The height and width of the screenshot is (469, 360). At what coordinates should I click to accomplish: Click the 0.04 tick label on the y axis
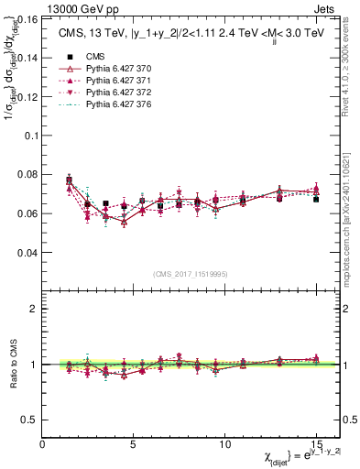pos(27,252)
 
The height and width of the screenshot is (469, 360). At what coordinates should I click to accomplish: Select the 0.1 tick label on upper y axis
pos(31,135)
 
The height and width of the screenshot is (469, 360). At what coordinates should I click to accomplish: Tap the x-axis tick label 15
pos(316,443)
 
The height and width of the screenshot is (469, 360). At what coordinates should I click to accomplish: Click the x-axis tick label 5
pos(134,443)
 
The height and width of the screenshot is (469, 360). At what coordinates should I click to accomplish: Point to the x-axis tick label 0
pos(43,443)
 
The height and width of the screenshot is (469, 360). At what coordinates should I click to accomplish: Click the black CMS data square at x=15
pos(316,199)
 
